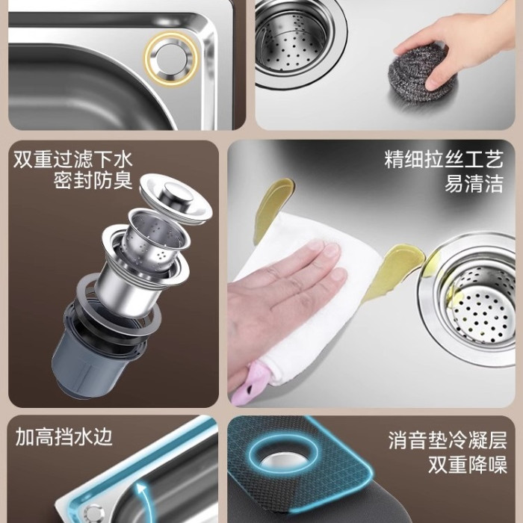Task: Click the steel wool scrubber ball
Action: point(418,69)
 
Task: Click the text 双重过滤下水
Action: point(73,160)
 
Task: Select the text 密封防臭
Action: point(93,181)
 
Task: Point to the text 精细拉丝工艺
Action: point(444,159)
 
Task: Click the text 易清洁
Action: point(474,183)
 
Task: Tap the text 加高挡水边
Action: point(64,436)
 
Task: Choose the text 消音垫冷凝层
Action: point(448,440)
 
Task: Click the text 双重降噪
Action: point(468,464)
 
